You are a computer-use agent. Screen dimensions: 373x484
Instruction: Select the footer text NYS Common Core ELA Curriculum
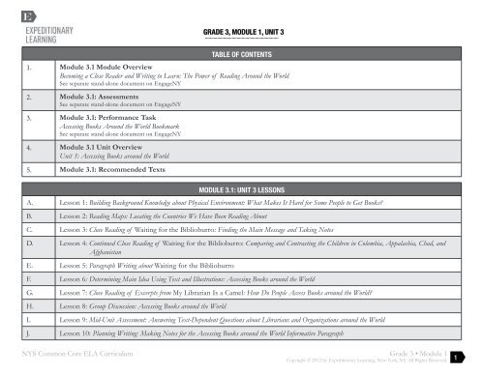(76, 356)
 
